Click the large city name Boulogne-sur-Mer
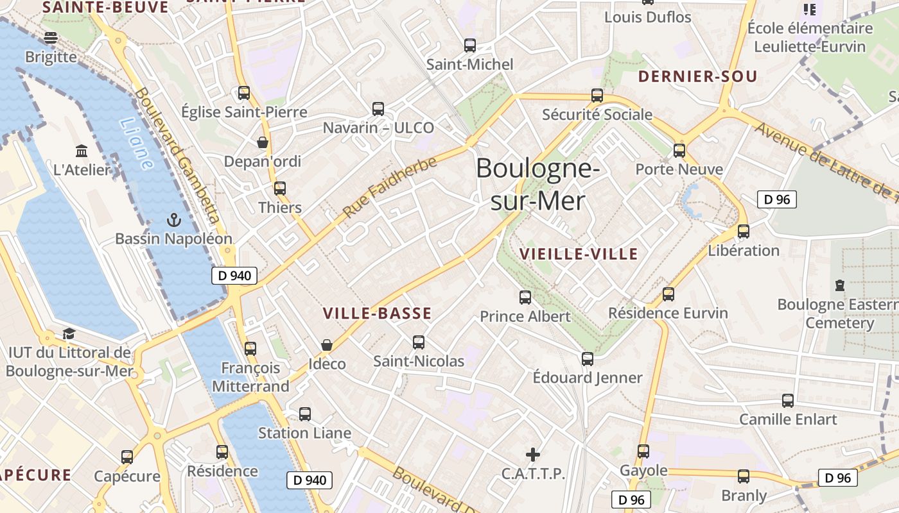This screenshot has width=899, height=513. [538, 185]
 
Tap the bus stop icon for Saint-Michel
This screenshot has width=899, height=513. [470, 46]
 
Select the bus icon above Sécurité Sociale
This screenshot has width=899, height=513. [597, 96]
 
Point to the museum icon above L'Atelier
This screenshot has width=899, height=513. [82, 151]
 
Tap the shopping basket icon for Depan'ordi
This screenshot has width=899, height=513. [262, 142]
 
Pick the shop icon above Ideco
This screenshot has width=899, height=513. [327, 345]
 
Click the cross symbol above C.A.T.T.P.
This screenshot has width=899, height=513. [533, 455]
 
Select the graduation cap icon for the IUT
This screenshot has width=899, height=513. [69, 333]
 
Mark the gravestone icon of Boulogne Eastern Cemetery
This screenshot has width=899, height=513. [839, 285]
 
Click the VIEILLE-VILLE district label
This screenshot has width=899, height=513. [579, 254]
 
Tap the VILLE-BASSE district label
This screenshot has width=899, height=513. [377, 314]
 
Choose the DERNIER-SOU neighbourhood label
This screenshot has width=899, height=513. [697, 77]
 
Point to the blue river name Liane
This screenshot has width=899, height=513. [137, 144]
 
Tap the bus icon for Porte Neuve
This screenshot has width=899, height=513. [679, 151]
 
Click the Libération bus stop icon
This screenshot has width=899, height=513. [744, 231]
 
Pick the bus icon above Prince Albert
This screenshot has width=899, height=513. [525, 298]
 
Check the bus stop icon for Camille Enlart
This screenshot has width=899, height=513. [788, 401]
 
